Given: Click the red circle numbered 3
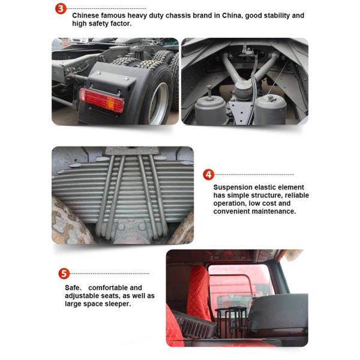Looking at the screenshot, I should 61,9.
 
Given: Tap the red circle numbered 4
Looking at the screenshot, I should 208,175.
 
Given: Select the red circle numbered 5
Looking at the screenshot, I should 64,274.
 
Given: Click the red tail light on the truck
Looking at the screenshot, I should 101,100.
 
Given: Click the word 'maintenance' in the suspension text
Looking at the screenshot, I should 274,211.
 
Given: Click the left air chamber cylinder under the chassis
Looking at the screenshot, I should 212,110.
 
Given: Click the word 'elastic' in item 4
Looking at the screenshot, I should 272,187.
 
